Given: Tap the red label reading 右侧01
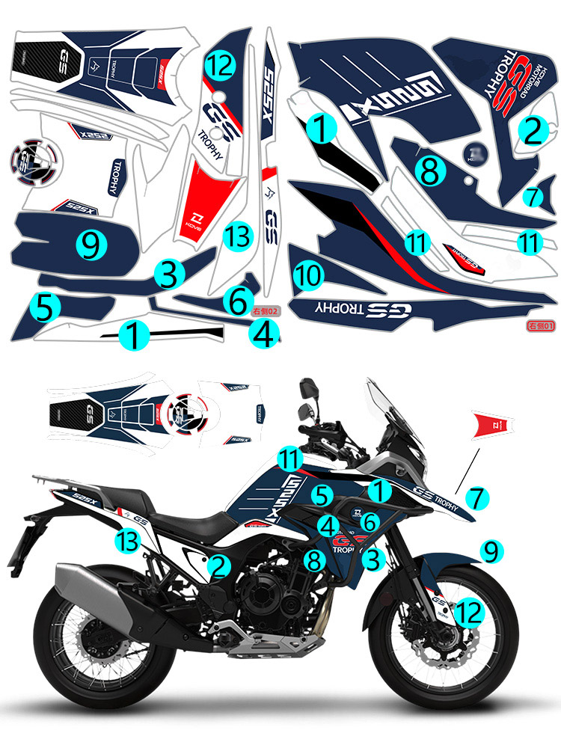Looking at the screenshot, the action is point(540,325).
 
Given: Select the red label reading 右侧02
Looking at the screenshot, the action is point(266,310).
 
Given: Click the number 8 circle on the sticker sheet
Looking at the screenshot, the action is point(429,171).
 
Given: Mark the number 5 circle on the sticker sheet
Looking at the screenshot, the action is point(43,307).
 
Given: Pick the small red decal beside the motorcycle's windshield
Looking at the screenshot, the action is point(492,424).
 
